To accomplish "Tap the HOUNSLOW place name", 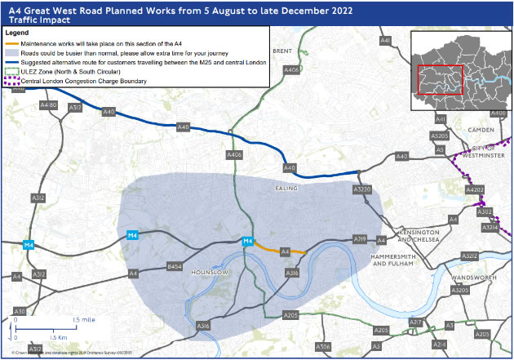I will click(x=207, y=271).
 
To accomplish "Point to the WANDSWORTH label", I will click(x=470, y=277).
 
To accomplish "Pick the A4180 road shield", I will click(x=48, y=105).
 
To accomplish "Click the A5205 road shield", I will click(x=440, y=136).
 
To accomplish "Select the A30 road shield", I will click(x=20, y=312).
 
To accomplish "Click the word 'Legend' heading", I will click(x=17, y=32).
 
